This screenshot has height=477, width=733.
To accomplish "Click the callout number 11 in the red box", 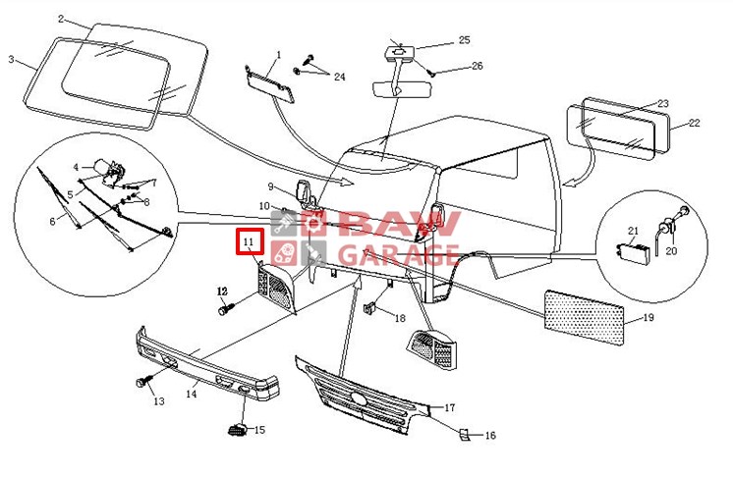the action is [x=249, y=241].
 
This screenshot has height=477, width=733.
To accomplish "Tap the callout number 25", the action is [x=464, y=39].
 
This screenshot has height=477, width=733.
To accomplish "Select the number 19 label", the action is [x=648, y=318].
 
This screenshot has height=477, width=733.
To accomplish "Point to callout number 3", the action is [x=11, y=60].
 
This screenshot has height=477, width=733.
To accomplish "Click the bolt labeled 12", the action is [x=226, y=308].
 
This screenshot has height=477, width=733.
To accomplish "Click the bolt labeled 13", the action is [x=143, y=381].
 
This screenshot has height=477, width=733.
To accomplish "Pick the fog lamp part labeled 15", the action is [x=238, y=429].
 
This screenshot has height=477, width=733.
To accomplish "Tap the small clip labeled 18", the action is [x=369, y=308].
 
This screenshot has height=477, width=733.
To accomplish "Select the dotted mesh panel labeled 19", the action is [x=585, y=318].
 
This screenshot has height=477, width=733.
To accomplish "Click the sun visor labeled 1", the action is [x=270, y=84].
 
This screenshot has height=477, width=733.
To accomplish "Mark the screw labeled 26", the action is [x=430, y=72].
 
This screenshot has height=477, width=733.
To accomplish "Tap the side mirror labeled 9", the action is [x=305, y=192].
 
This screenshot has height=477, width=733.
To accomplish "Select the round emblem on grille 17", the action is [x=360, y=399].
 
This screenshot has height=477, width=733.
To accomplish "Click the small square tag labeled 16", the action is [x=463, y=434].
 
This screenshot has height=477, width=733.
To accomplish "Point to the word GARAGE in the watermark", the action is [x=398, y=255].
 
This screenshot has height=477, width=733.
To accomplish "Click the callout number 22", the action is [x=695, y=123].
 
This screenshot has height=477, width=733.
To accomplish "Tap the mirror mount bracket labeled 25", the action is [x=399, y=51].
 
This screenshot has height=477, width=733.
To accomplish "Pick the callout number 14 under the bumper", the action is [x=192, y=394].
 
